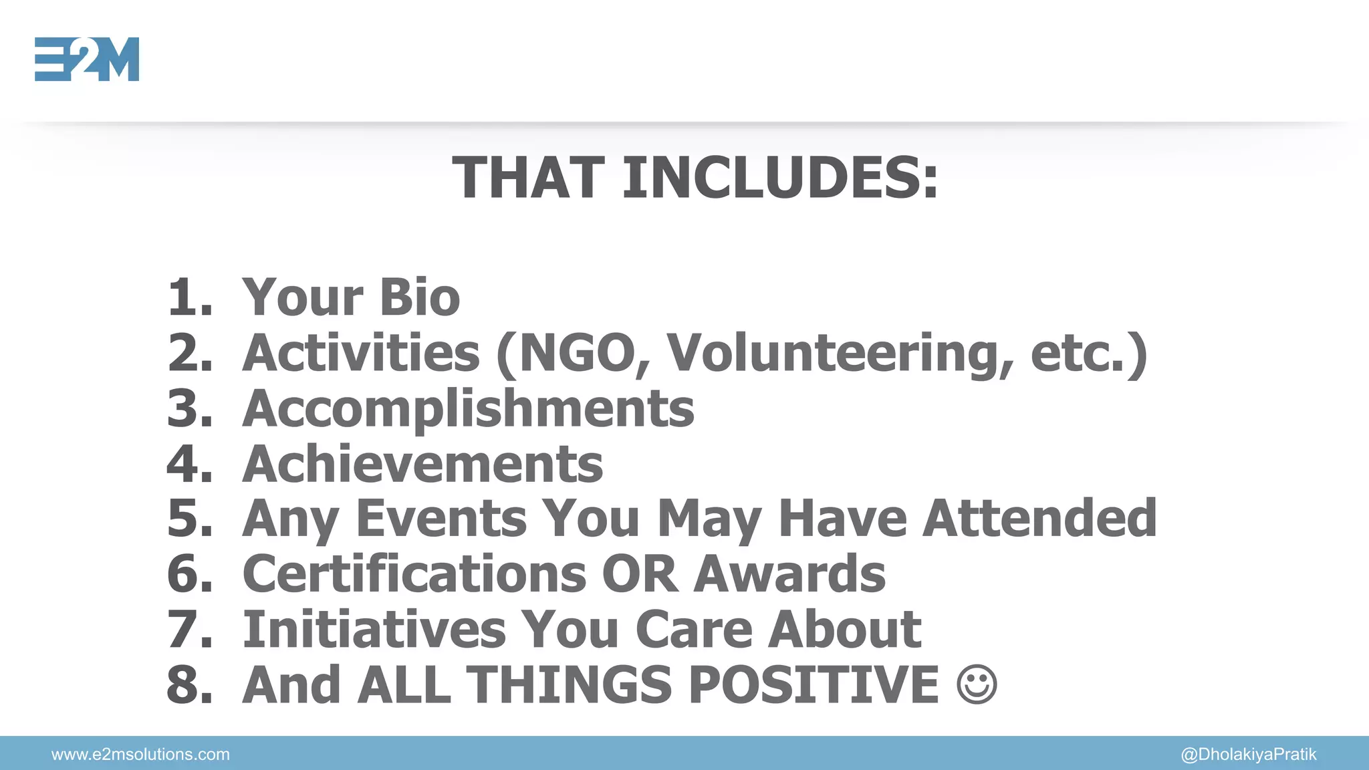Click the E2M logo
87,59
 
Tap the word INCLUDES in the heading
780,178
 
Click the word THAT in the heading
529,178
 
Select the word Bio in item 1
420,297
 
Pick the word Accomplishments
468,408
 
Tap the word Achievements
422,463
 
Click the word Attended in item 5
1039,518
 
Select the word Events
441,518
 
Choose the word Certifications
414,573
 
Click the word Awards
789,573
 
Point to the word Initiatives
374,629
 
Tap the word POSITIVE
814,684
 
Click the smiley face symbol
977,684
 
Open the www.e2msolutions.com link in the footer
140,755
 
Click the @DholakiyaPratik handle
1249,755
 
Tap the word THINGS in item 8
568,684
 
